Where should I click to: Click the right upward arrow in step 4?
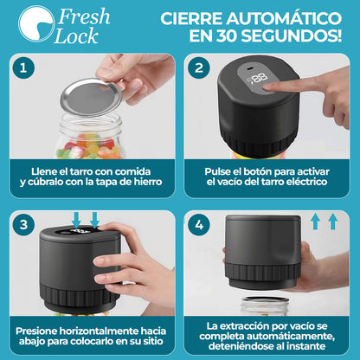click(332, 221)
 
